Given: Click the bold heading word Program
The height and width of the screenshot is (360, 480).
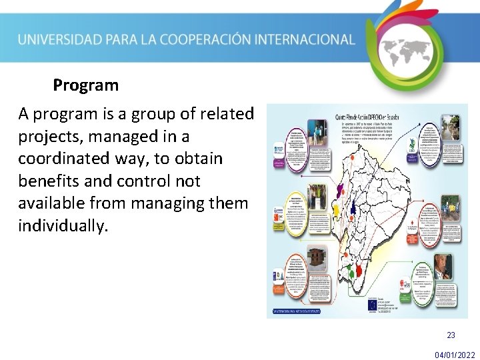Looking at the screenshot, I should click(85, 86).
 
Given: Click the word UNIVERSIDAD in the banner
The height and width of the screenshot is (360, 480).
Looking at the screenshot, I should click(56, 39).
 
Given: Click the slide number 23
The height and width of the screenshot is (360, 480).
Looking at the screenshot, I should click(451, 335).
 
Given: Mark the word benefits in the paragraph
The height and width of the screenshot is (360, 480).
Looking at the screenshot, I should click(46, 181).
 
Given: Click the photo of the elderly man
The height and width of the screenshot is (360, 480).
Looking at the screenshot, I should click(443, 267).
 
